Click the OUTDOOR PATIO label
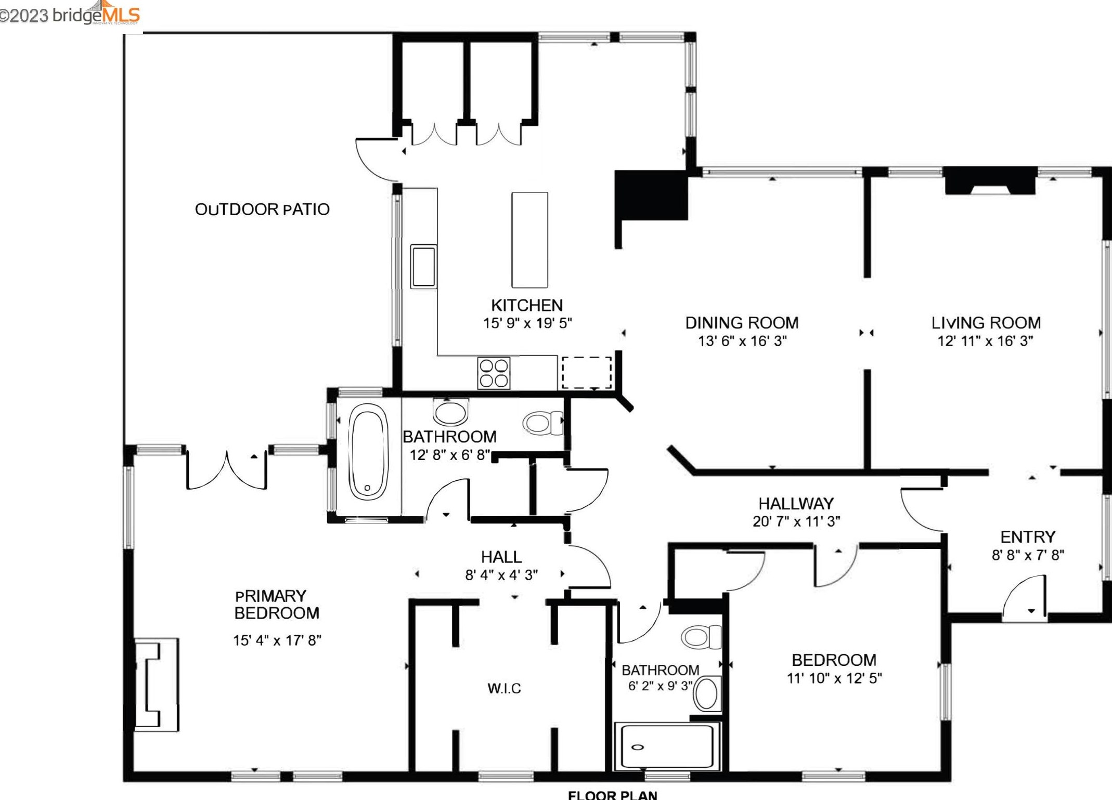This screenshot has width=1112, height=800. (x=262, y=209)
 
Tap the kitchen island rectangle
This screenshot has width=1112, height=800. (x=529, y=240)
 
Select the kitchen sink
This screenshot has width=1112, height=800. (x=423, y=266)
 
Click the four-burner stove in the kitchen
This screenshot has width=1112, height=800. (x=494, y=373)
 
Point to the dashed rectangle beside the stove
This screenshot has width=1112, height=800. (x=587, y=373)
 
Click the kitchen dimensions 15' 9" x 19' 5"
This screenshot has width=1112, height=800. (x=527, y=323)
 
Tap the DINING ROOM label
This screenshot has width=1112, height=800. (x=742, y=323)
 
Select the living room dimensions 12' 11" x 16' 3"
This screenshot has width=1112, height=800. (x=985, y=341)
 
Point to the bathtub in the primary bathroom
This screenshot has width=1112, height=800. (x=368, y=451)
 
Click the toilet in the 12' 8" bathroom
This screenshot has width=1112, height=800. (x=543, y=422)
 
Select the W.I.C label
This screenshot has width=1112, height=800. (x=504, y=688)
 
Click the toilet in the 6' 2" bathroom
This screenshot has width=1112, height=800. (x=702, y=637)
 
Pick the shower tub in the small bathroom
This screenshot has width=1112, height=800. (x=667, y=746)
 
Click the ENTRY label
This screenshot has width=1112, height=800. (x=1028, y=536)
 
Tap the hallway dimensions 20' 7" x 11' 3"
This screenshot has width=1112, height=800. (x=796, y=521)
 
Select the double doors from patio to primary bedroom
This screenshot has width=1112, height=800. (x=227, y=470)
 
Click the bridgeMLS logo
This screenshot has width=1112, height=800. (x=70, y=14)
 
